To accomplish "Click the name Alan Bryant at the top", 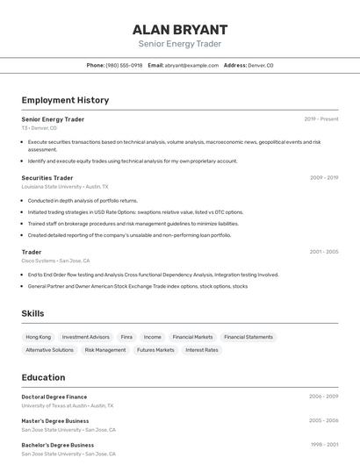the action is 180,29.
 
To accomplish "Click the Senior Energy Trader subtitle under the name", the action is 180,44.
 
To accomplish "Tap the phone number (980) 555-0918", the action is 124,65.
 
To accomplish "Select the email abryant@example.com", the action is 191,65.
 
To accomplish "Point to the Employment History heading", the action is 65,100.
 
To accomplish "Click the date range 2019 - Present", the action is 321,118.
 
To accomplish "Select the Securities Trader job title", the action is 47,178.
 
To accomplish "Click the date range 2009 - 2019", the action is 324,177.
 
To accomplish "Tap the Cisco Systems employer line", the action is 55,261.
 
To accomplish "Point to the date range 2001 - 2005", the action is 324,252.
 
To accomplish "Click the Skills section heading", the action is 32,313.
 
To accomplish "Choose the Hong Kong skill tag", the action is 39,337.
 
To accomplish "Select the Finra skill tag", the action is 126,337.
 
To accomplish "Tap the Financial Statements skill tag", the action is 248,337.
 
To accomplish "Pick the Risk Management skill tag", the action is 105,350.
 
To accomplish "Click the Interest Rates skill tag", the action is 202,350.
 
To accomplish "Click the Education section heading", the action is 43,377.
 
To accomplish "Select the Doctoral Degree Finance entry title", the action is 54,397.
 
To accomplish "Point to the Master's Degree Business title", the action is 55,420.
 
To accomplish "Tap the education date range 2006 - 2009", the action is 324,397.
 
